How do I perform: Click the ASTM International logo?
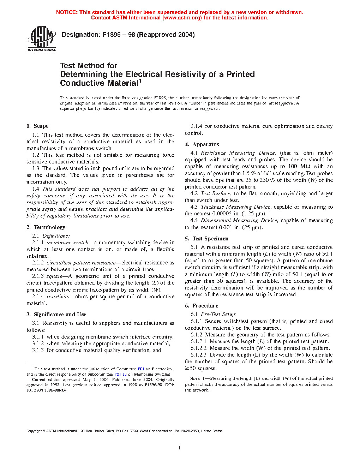(x=42, y=39)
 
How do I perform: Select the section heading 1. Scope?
(x=37, y=126)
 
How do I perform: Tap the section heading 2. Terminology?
(x=46, y=227)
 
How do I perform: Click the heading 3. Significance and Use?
(x=56, y=315)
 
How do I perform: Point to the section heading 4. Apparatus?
(x=202, y=144)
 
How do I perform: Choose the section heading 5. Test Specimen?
(x=206, y=239)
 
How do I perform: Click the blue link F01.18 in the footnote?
(x=120, y=374)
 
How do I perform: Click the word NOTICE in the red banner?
(x=67, y=12)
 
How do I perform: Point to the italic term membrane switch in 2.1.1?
(x=67, y=243)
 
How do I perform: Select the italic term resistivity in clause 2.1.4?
(x=58, y=297)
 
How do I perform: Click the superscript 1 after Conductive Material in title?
(x=140, y=81)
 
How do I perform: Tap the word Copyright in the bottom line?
(x=34, y=431)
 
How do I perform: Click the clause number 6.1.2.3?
(x=199, y=355)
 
